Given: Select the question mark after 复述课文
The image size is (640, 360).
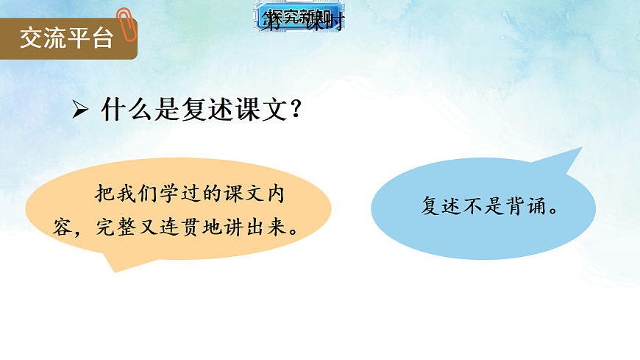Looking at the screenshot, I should tap(296, 110).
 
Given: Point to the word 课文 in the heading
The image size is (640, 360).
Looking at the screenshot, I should tap(260, 110).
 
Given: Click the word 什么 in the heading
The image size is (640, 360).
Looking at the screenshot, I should tap(122, 110).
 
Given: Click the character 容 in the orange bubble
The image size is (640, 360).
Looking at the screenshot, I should tap(63, 226).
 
